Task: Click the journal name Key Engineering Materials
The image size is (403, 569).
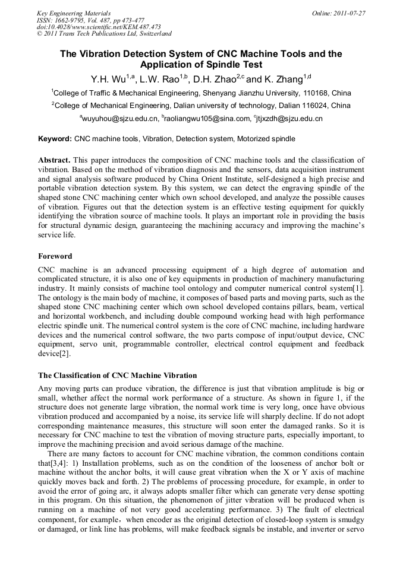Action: (74, 12)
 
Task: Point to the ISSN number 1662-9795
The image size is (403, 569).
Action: (71, 20)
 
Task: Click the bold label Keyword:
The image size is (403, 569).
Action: (55, 139)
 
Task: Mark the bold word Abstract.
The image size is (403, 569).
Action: (54, 161)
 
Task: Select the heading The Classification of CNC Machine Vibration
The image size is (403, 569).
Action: (117, 376)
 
